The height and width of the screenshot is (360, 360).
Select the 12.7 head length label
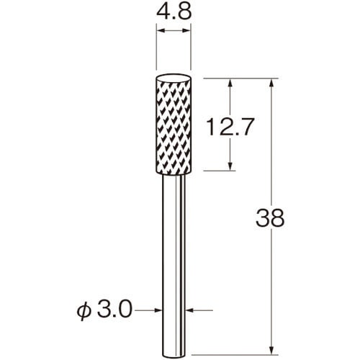point(230,127)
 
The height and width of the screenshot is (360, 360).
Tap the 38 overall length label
point(270,218)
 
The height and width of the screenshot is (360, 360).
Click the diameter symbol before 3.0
point(84,311)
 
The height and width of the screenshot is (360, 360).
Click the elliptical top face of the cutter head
point(174,79)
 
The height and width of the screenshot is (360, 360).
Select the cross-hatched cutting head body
point(174,127)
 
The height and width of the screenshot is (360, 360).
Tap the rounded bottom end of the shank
point(174,354)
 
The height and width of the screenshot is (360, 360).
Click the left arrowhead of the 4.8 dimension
point(160,30)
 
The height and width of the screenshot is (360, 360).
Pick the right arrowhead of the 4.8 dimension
point(187,30)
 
